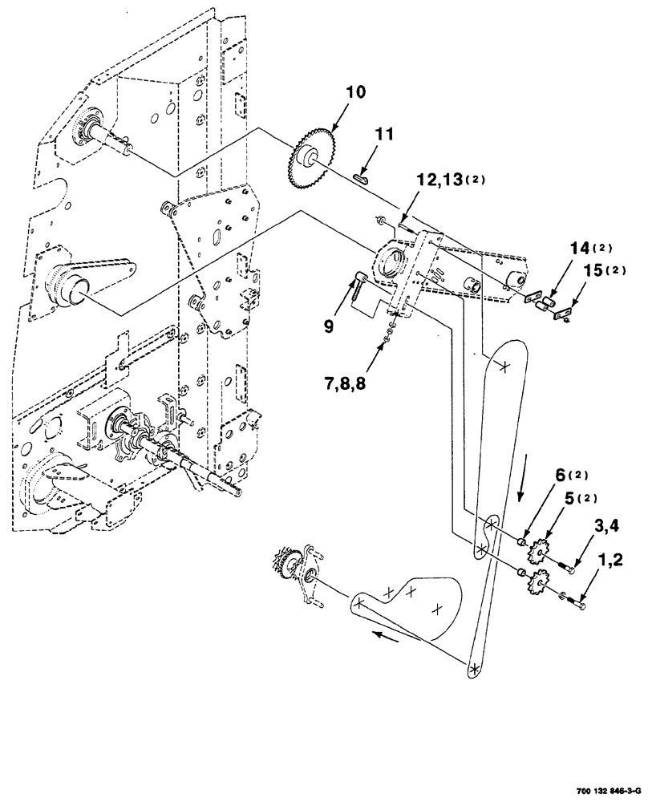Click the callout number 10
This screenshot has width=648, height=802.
355,94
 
